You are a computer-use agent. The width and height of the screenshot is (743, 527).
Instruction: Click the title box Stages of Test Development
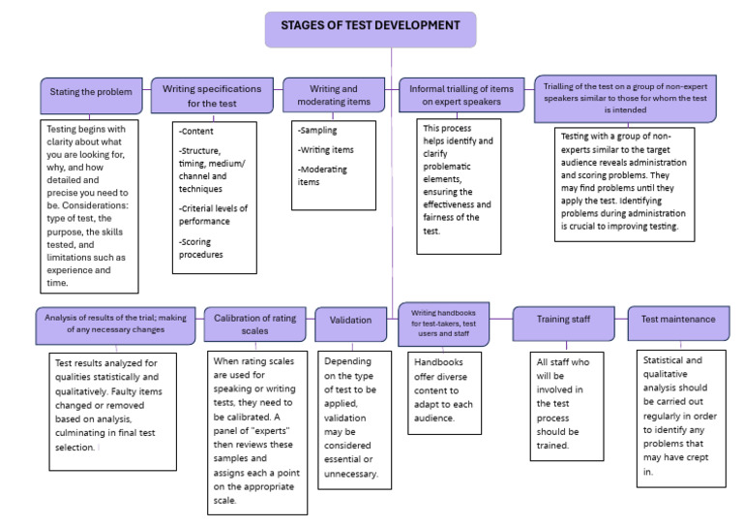(371, 29)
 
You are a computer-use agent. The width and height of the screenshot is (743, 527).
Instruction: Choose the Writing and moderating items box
(334, 95)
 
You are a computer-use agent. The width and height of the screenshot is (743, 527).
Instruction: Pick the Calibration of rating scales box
(254, 325)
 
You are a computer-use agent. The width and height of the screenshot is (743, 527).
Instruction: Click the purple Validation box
(350, 320)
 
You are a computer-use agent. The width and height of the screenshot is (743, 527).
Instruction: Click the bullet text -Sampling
(320, 131)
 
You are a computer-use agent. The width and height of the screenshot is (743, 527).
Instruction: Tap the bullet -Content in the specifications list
(197, 132)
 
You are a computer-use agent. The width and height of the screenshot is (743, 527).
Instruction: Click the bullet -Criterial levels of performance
(214, 215)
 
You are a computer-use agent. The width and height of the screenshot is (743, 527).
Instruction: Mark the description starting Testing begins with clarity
(90, 204)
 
